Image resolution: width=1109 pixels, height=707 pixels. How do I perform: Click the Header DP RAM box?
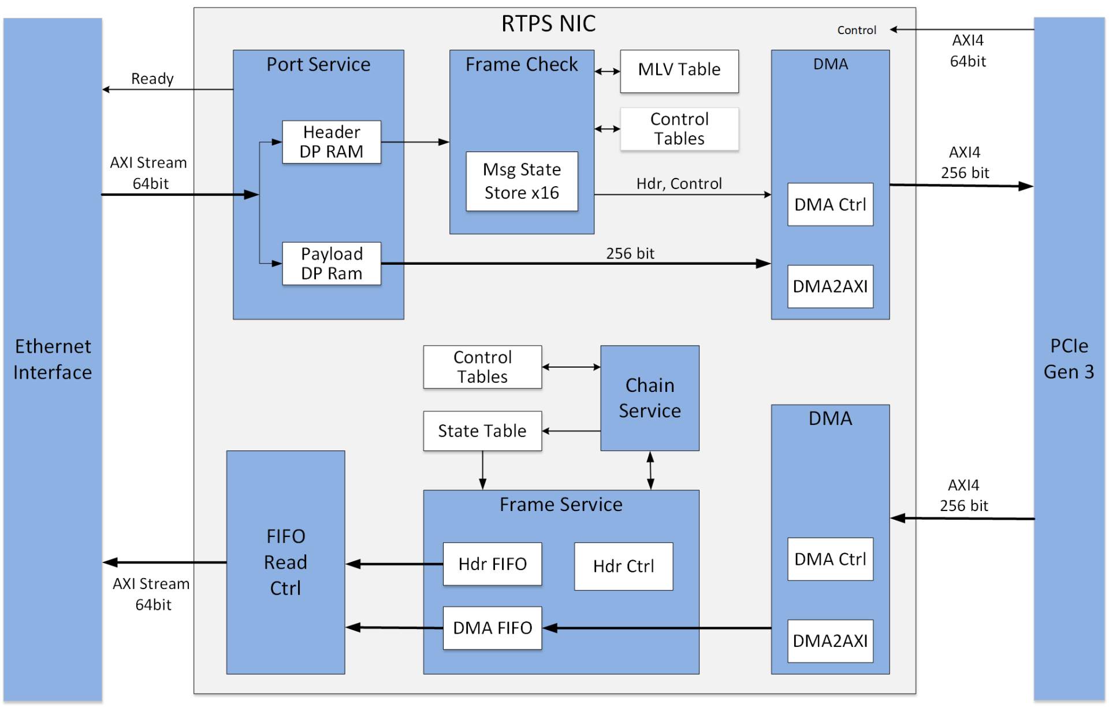coord(331,142)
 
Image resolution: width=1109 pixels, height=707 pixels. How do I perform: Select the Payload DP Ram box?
coord(331,264)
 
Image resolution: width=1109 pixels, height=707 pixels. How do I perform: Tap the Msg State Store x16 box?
coord(522,181)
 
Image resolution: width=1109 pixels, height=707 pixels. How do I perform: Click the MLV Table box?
coord(679,71)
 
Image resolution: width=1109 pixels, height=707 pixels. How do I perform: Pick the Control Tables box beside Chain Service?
coord(482,367)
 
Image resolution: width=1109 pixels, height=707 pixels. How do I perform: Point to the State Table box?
coord(482,431)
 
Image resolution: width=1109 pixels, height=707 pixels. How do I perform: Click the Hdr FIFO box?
coord(492,564)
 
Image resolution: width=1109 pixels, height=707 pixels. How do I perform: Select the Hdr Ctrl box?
coord(623,566)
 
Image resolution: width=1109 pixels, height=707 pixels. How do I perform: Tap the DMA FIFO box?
coord(492,628)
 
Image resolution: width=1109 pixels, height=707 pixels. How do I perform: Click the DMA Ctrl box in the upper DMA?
coord(830,205)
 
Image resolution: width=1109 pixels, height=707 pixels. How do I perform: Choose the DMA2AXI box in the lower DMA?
coord(830,641)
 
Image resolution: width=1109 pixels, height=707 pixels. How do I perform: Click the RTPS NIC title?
coord(548,24)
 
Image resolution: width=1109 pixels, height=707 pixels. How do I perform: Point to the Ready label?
coord(152,79)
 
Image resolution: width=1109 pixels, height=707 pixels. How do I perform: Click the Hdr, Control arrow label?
coord(679,184)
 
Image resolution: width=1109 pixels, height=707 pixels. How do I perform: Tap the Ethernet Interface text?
coord(53,359)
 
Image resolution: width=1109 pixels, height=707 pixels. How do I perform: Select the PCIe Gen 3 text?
coord(1069,359)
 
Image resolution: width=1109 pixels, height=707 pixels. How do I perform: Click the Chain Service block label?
coord(650,398)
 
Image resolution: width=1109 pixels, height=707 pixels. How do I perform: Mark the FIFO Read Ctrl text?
coord(285,562)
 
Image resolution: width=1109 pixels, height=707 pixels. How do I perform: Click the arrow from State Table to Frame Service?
coord(482,470)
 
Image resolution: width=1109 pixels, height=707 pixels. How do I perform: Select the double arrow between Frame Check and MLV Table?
coord(607,71)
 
